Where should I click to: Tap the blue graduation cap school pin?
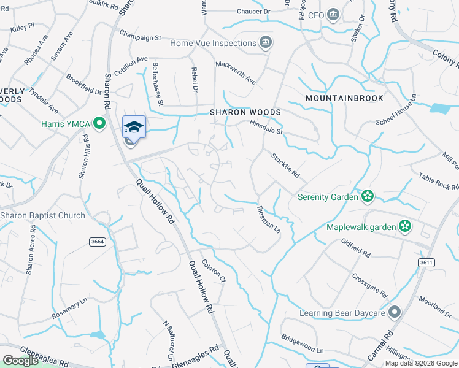coord(134,127)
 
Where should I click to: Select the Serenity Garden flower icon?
coord(368,197)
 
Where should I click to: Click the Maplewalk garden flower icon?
coord(405,227)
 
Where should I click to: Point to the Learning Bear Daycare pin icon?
coord(395,313)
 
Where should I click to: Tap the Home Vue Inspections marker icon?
coord(266,42)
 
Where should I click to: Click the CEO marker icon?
coord(333,15)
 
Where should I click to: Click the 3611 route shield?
coord(427,263)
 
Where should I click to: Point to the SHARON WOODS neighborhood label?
coord(245,113)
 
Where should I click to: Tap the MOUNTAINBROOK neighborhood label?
coord(344,98)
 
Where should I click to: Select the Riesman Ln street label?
coord(268,219)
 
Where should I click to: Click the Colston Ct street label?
coord(214,270)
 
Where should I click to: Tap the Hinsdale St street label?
coord(266,128)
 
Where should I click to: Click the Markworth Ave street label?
coord(236,72)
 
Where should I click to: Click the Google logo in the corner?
coord(20,361)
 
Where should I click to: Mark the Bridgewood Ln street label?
coord(303,343)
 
